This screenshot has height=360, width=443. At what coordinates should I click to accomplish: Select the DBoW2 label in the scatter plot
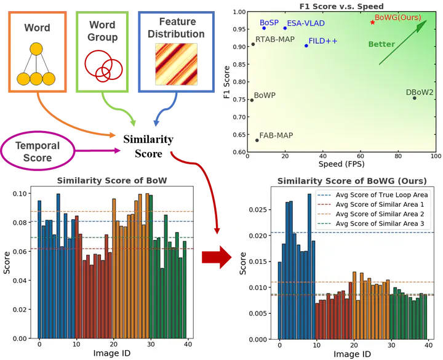tap(420, 92)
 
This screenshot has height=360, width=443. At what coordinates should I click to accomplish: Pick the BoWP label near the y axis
tap(265, 95)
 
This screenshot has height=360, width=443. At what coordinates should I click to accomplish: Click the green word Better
tap(381, 44)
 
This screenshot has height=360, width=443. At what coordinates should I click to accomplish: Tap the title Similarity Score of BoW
tap(112, 180)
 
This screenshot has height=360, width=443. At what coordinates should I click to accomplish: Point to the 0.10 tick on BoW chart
tap(21, 194)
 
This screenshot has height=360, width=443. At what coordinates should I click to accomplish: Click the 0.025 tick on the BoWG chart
tap(257, 210)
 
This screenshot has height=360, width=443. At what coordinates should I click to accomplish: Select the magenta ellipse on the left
tap(39, 150)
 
